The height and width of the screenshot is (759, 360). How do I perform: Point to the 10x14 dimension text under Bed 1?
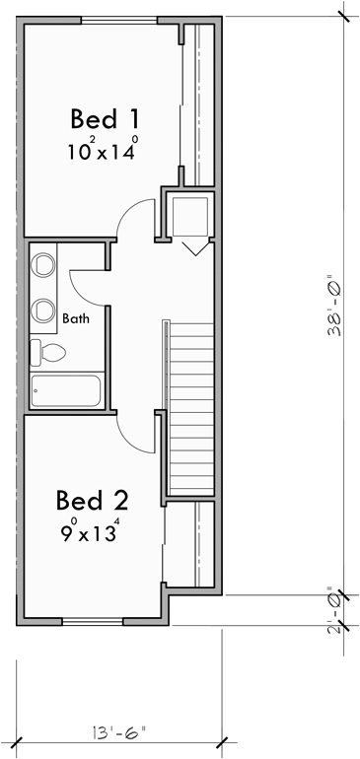pyautogui.click(x=102, y=151)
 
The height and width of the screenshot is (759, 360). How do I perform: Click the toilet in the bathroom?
pyautogui.click(x=47, y=351)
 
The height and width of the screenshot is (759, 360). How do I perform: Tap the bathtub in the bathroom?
pyautogui.click(x=64, y=390)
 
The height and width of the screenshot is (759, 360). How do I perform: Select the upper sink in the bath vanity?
pyautogui.click(x=44, y=265)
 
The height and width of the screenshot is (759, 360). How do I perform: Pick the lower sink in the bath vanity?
pyautogui.click(x=44, y=310)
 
